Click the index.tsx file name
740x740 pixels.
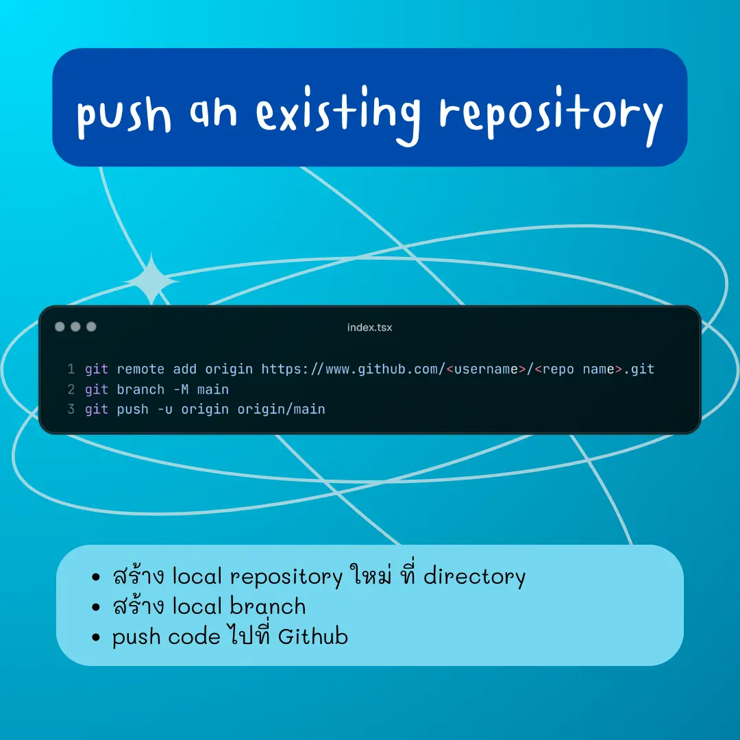tap(369, 328)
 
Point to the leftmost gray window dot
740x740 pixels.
tap(60, 327)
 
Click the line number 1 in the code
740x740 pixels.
tap(71, 369)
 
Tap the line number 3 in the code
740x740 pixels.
tap(71, 408)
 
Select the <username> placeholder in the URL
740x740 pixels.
tap(486, 369)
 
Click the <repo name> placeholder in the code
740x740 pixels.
tap(578, 369)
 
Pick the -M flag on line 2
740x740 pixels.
tap(181, 389)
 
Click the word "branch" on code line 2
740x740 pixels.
tap(140, 389)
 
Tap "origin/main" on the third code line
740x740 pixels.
tap(282, 409)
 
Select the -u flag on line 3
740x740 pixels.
tap(165, 409)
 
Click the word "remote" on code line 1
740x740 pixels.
tap(140, 369)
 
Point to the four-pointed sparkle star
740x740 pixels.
tap(151, 280)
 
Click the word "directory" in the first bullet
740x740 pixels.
tap(474, 576)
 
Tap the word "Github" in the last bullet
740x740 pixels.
tap(313, 636)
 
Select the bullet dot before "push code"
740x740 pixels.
tap(97, 637)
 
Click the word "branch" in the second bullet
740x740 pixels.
tap(268, 606)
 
